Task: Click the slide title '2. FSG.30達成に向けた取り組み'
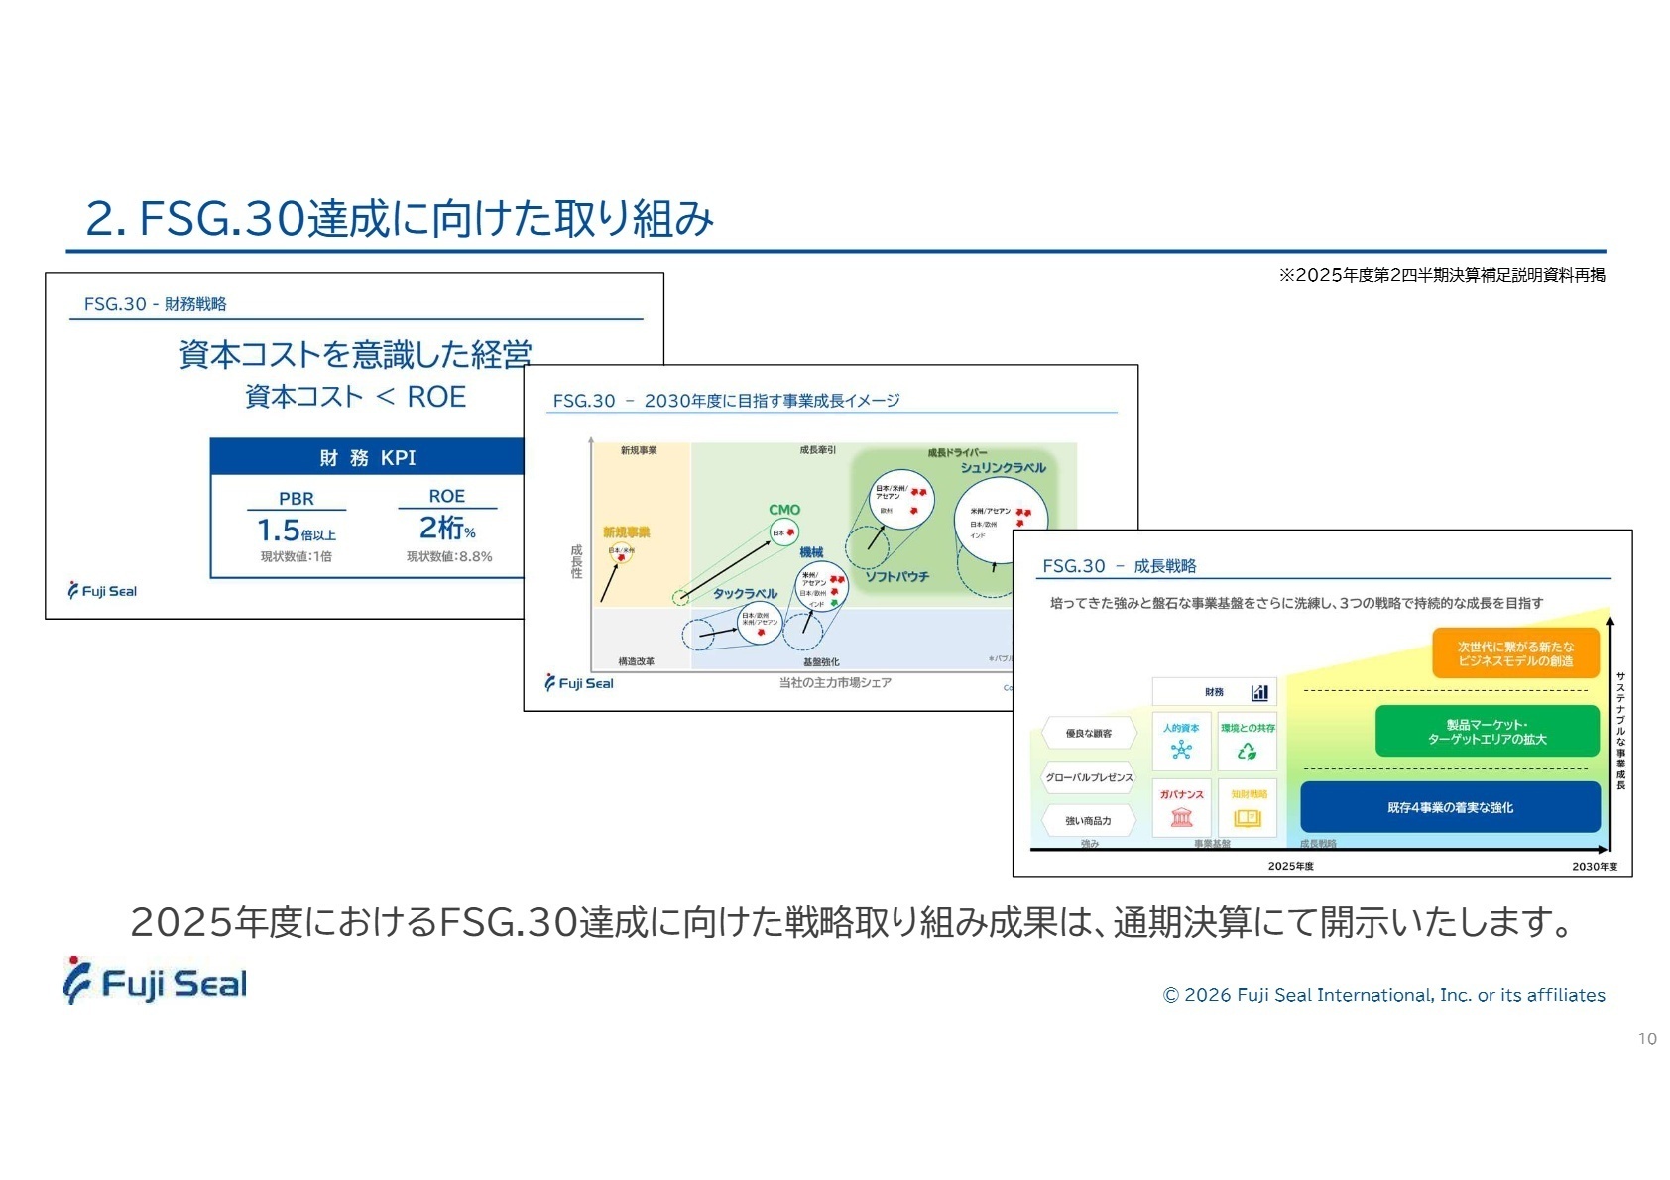[x=400, y=218]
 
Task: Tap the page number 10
[x=1646, y=1039]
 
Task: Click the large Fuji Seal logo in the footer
[x=156, y=982]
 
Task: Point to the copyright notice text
[x=1383, y=995]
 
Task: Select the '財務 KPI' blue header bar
[x=367, y=457]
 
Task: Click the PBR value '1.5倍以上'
[x=296, y=531]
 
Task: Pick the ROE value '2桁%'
[x=446, y=528]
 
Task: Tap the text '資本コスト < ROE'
[x=355, y=397]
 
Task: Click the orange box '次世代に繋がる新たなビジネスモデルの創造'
[x=1515, y=653]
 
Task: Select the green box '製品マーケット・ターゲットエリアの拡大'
[x=1487, y=732]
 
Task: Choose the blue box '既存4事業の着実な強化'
[x=1450, y=807]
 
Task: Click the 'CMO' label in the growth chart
[x=784, y=510]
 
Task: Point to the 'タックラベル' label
[x=745, y=593]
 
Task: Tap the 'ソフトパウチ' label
[x=896, y=576]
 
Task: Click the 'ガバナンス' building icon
[x=1181, y=817]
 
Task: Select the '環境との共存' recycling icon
[x=1247, y=751]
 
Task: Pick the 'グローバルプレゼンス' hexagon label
[x=1088, y=777]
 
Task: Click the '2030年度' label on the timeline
[x=1594, y=866]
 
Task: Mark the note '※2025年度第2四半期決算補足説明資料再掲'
[x=1441, y=275]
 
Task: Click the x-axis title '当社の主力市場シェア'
[x=835, y=682]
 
